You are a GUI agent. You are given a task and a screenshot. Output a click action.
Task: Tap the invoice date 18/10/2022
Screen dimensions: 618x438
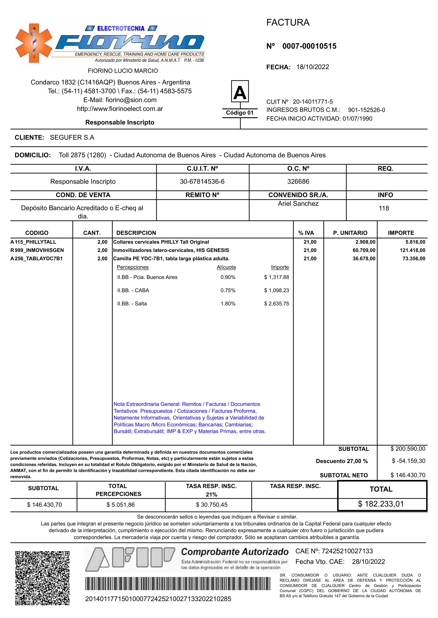(313, 67)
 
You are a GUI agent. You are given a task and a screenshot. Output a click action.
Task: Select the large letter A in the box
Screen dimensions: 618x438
(240, 92)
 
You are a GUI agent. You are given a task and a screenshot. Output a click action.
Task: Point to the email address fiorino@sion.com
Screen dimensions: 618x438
(131, 100)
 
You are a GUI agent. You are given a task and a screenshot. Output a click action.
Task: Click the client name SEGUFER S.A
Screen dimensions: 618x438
(72, 138)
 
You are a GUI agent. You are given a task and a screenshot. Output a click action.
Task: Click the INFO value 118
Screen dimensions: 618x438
(384, 208)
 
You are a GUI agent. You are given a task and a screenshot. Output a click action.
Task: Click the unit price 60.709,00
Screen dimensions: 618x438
(364, 250)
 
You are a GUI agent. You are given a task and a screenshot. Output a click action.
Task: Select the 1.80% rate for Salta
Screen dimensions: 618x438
(228, 304)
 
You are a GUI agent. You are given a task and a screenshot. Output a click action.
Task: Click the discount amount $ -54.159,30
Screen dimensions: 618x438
(408, 461)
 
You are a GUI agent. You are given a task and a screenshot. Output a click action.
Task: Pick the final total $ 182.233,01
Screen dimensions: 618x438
(381, 504)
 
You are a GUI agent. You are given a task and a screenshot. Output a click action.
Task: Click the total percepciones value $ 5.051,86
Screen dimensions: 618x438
(121, 505)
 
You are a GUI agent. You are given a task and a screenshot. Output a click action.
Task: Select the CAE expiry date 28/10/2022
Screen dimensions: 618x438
(368, 562)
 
